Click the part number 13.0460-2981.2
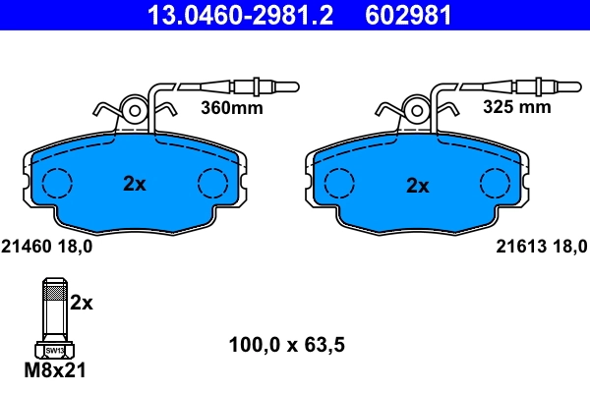pyautogui.click(x=225, y=15)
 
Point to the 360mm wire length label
pyautogui.click(x=232, y=108)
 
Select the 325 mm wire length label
pyautogui.click(x=516, y=108)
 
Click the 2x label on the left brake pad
pyautogui.click(x=134, y=184)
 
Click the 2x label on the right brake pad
pyautogui.click(x=418, y=184)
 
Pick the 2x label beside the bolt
pyautogui.click(x=81, y=304)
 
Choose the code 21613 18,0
pyautogui.click(x=535, y=248)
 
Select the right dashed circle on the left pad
pyautogui.click(x=211, y=184)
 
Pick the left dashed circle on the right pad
pyautogui.click(x=339, y=184)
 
